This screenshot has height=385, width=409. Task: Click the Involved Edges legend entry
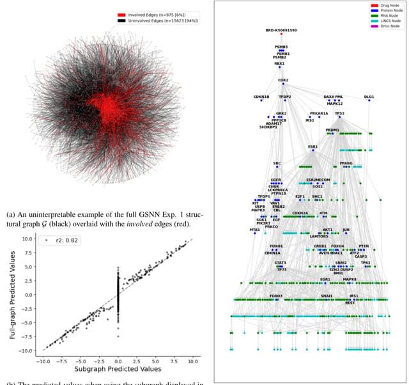157,13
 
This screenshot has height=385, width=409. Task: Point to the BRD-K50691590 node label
281,30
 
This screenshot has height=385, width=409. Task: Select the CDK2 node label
283,81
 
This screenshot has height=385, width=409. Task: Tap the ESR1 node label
313,146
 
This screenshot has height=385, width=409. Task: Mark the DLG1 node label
369,97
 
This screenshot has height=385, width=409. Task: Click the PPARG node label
346,163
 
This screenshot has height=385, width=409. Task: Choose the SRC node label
277,163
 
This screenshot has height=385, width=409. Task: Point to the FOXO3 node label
275,296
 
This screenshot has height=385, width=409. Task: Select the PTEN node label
364,246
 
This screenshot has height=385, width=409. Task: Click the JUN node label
346,229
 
